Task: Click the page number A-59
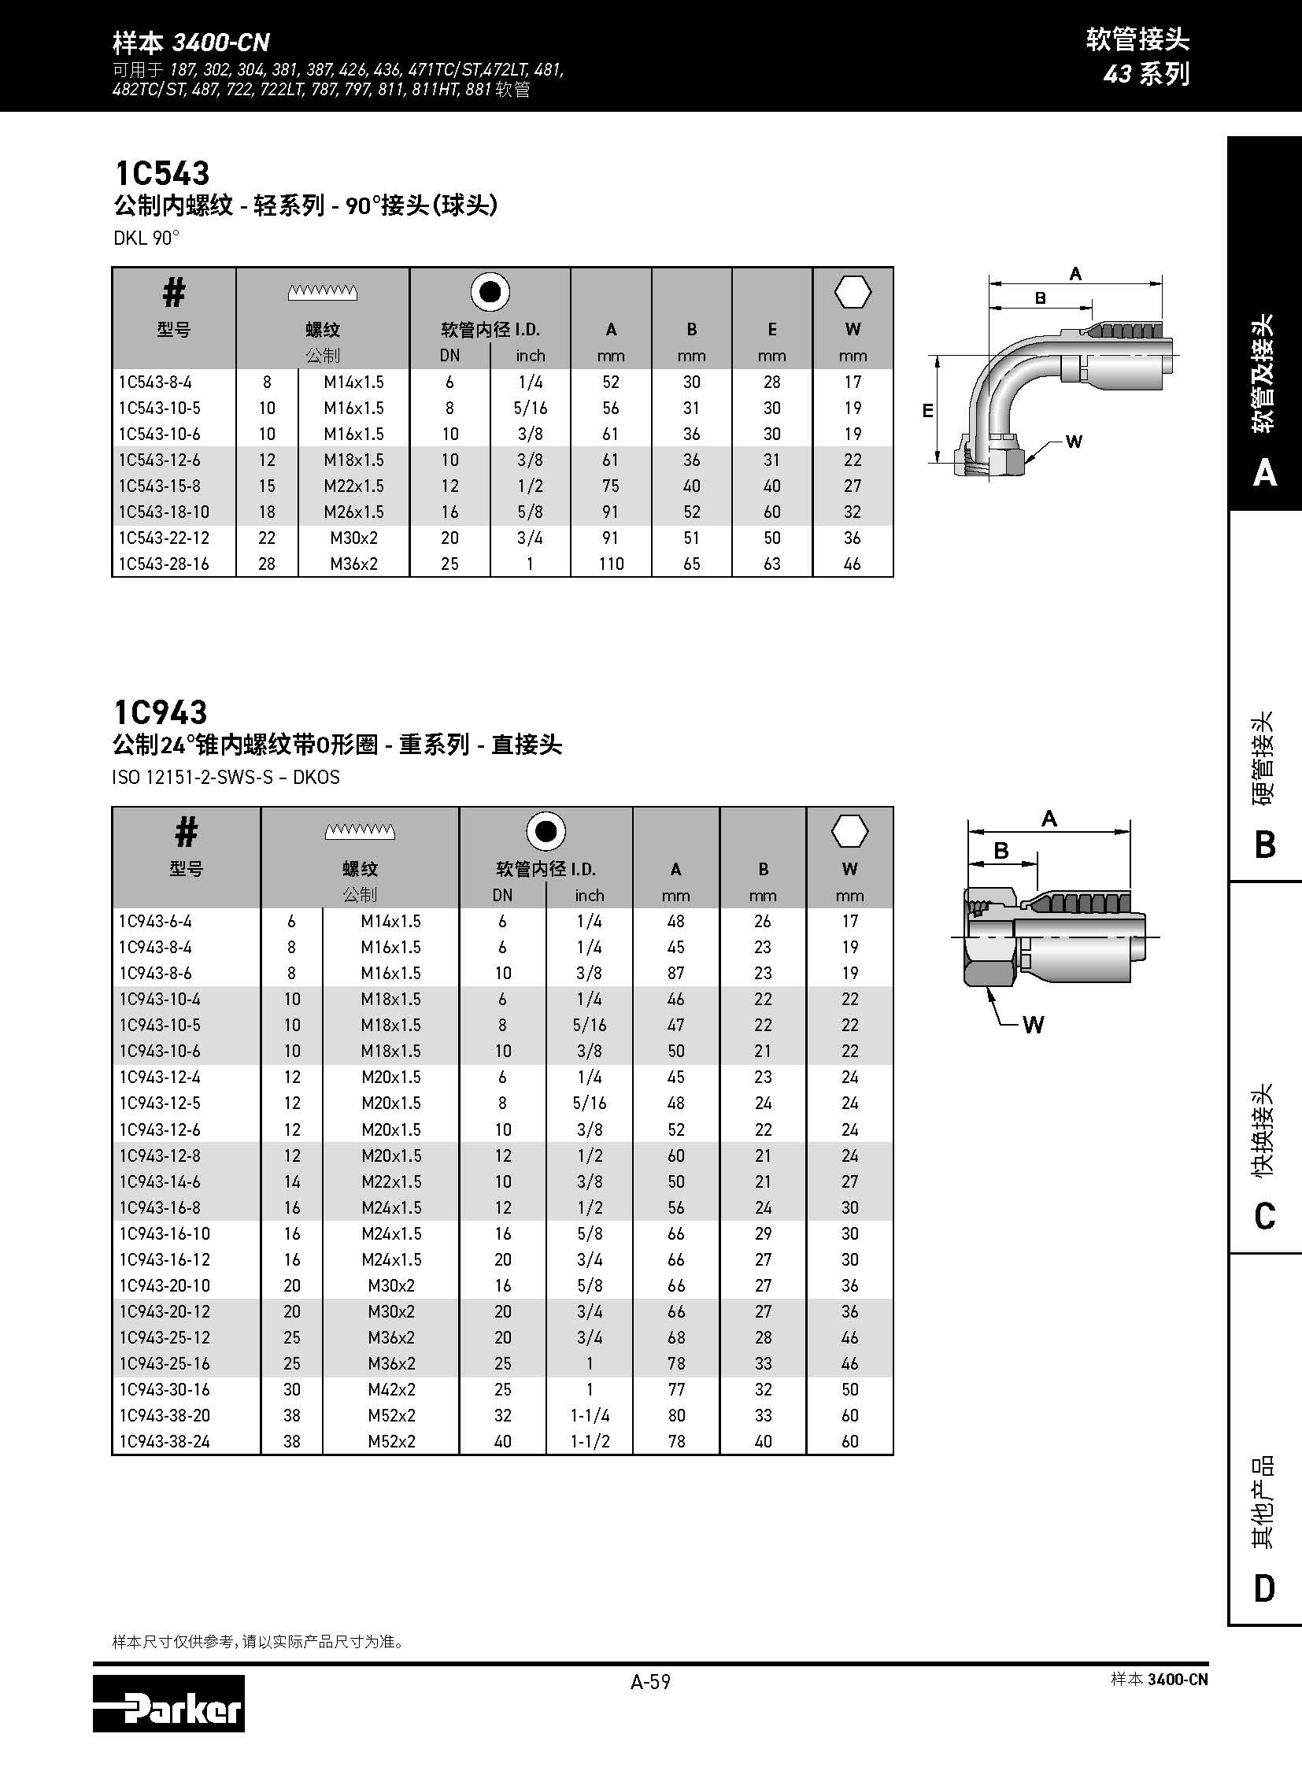pos(650,1682)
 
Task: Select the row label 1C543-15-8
pos(159,486)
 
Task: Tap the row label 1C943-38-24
pos(165,1441)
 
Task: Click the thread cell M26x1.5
pos(354,512)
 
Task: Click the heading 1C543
pos(161,173)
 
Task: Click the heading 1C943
pos(161,712)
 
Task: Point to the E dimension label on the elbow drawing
pos(927,411)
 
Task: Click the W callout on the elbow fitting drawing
pos(1074,442)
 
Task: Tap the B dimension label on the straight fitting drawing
pos(1001,850)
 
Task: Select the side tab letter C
pos(1264,1216)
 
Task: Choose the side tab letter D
pos(1264,1588)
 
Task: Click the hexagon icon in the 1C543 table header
pos(852,293)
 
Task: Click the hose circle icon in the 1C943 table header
pos(546,831)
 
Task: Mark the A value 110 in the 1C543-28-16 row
pos(611,564)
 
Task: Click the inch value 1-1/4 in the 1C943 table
pos(589,1415)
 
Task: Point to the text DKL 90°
pos(146,238)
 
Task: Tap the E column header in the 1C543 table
pos(771,330)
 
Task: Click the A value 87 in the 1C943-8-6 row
pos(675,974)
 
